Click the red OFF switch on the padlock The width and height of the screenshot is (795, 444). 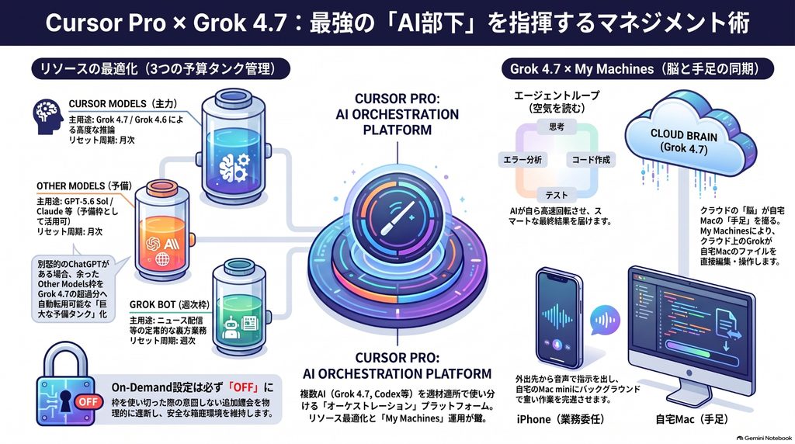88,401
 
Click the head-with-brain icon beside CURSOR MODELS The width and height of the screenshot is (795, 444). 47,116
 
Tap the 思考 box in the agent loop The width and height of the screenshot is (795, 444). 556,127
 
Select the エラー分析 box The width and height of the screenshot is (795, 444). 522,160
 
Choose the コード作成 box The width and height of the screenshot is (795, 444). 591,160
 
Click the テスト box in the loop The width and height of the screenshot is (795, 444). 556,195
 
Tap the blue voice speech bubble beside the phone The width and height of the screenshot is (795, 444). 605,319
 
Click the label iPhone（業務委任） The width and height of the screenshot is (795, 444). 561,419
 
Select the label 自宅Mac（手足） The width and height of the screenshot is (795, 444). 692,419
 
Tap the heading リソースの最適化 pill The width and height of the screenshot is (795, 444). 161,69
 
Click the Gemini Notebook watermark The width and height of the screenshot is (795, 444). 764,438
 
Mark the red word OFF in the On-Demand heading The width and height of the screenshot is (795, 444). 243,388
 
